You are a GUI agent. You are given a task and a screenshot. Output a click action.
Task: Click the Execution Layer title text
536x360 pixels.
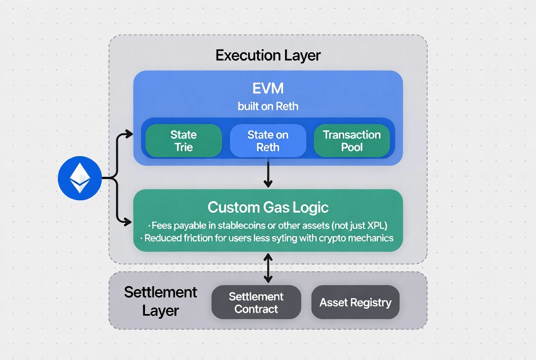pos(268,56)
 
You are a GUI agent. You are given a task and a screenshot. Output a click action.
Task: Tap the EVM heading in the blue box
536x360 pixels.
pos(268,88)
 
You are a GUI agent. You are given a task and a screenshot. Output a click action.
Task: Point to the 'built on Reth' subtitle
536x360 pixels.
pos(268,107)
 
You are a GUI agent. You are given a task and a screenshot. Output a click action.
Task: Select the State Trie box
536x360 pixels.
pos(184,141)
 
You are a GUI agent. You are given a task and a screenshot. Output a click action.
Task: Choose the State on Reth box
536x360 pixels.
pos(268,141)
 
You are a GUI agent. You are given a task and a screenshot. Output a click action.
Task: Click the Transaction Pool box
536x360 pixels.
pos(352,141)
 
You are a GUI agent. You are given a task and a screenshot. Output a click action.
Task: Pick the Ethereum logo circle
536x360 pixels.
pos(79,178)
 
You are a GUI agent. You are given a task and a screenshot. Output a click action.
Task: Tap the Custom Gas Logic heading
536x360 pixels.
pos(268,207)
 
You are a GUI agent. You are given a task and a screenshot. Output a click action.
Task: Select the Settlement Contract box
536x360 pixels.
pos(256,303)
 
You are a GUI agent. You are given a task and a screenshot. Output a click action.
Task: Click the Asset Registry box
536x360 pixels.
pos(355,303)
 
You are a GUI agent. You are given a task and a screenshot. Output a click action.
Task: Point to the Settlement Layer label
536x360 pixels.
pos(161,301)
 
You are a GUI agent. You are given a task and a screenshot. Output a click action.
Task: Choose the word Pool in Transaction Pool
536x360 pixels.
pos(352,147)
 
